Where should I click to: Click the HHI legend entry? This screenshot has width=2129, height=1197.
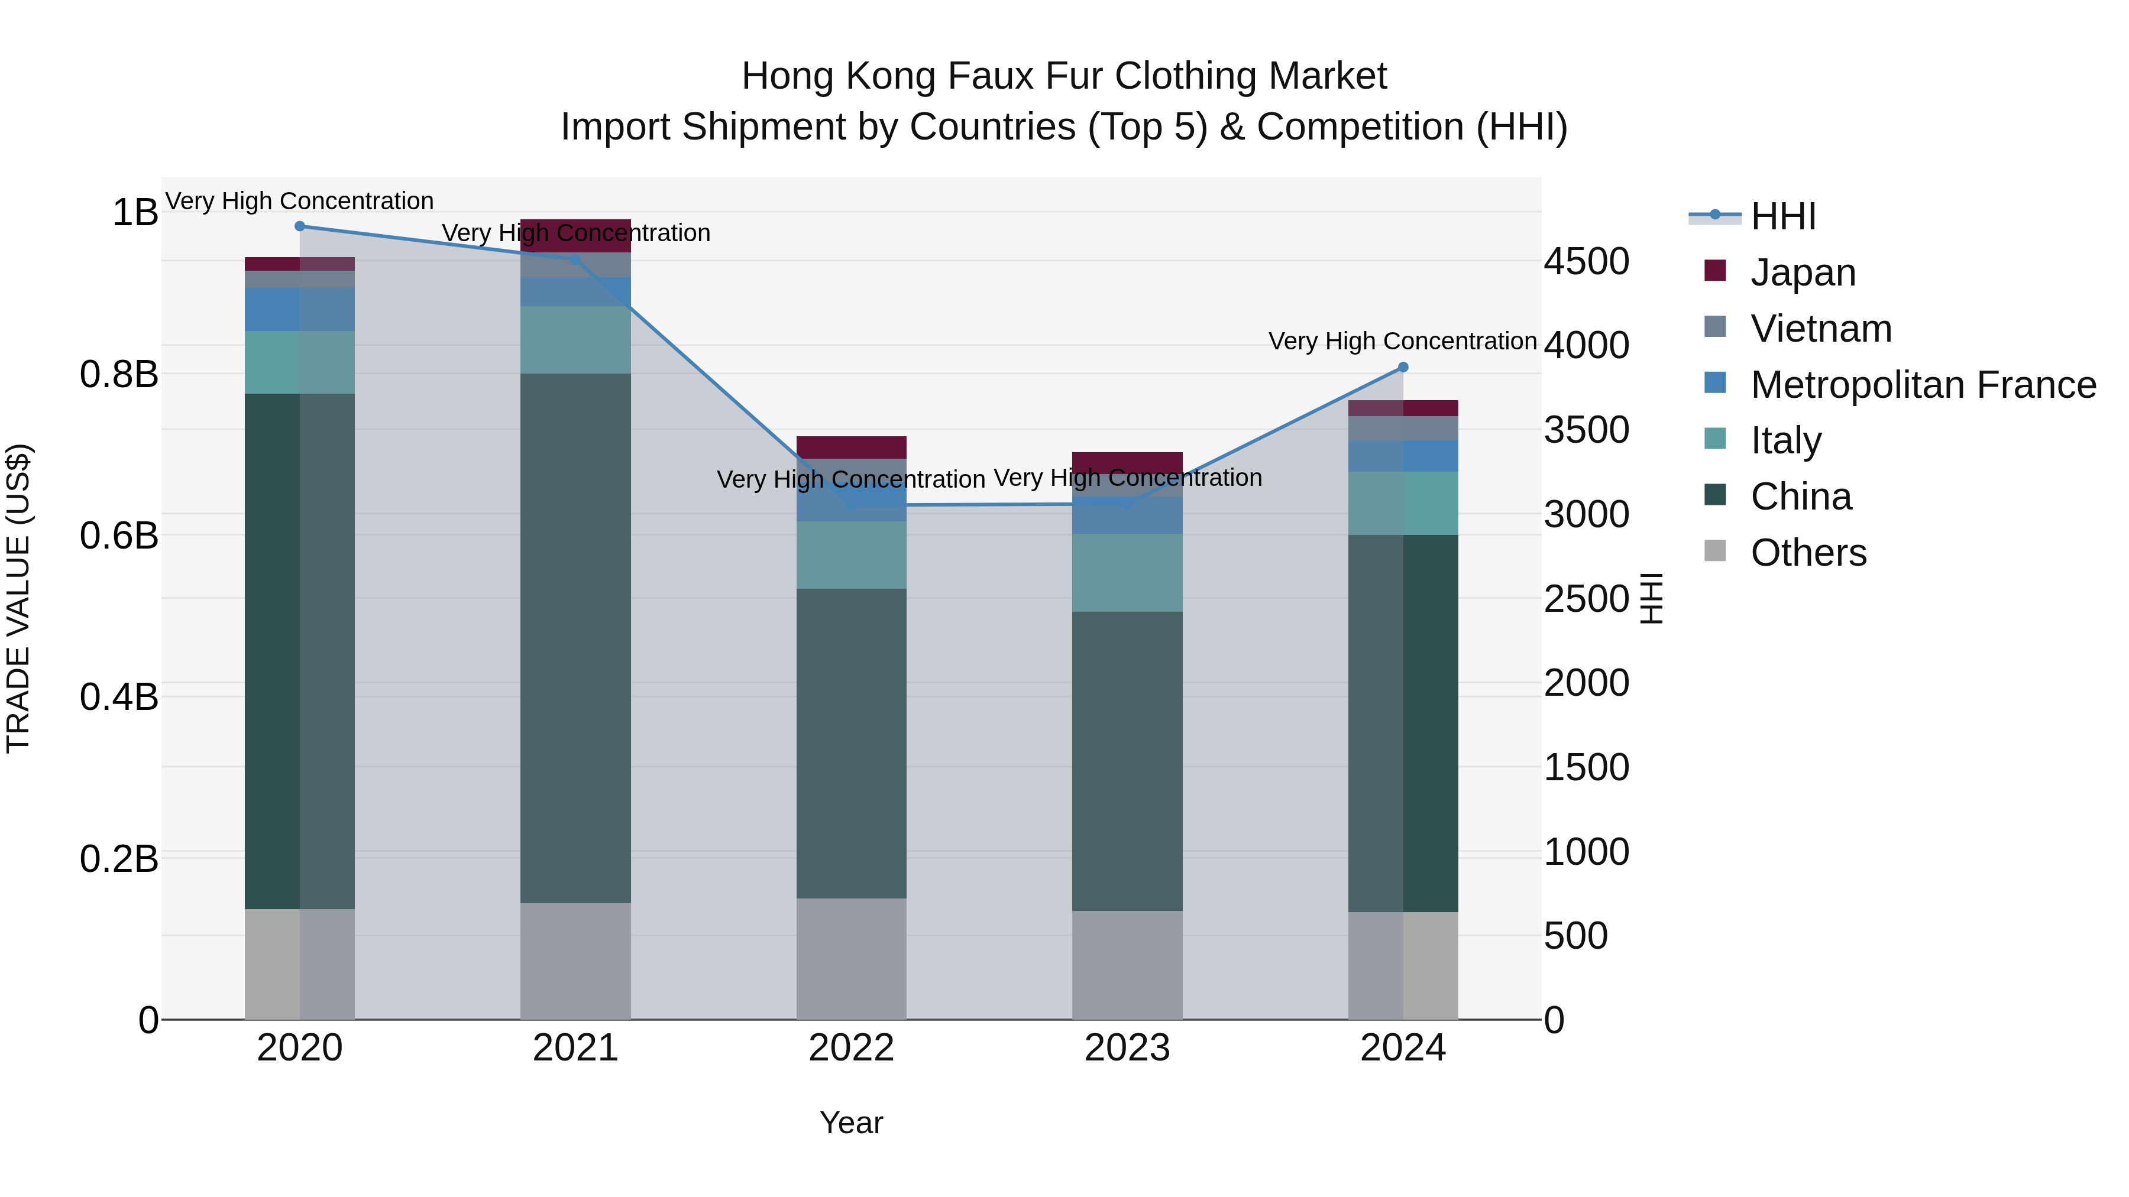(1782, 216)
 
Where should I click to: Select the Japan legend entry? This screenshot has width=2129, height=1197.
(1803, 273)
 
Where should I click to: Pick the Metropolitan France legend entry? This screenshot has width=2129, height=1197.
(1923, 385)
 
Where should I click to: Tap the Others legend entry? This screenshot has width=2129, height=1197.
(1807, 553)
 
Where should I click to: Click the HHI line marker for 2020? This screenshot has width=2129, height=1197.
(300, 226)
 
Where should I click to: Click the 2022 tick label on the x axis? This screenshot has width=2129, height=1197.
(851, 1048)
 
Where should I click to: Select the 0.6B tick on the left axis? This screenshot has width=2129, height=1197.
(119, 536)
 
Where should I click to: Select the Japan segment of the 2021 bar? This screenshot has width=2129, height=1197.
(575, 235)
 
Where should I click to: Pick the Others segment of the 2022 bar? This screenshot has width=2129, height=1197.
(851, 958)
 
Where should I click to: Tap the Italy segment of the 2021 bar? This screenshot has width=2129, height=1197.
(575, 339)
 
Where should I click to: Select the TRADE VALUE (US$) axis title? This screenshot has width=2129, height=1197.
(18, 598)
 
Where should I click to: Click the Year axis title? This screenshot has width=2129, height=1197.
(851, 1123)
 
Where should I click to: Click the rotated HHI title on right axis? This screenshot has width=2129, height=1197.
(1651, 598)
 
